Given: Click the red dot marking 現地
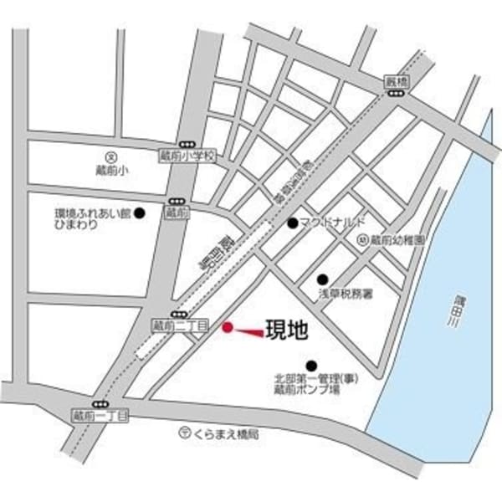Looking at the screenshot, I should click(227, 328).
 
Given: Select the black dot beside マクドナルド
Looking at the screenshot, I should click(292, 223).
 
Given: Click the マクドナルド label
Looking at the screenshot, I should click(328, 223).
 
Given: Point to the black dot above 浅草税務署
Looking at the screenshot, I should click(322, 279).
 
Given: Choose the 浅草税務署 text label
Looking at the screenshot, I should click(344, 295).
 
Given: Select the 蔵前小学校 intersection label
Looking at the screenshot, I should click(187, 156).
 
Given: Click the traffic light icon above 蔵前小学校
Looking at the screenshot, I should click(187, 144).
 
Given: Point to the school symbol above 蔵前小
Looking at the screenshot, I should click(110, 156).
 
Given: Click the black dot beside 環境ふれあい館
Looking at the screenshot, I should click(141, 213).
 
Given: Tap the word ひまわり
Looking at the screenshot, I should click(73, 225).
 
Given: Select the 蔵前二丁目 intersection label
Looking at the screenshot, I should click(179, 325).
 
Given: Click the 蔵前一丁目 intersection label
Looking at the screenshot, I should click(99, 415).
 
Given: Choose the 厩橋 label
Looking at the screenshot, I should click(395, 82).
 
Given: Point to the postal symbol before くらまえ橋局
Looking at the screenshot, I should click(184, 433).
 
